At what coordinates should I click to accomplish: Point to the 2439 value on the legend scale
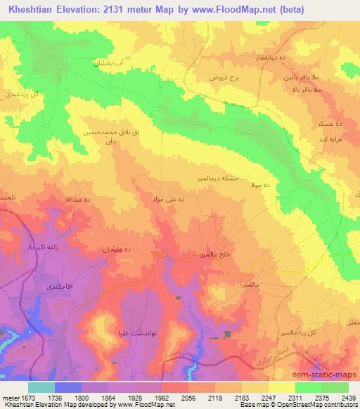[347, 398]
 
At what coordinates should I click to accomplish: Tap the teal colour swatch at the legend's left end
[41, 387]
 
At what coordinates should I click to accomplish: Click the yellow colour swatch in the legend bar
[281, 387]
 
